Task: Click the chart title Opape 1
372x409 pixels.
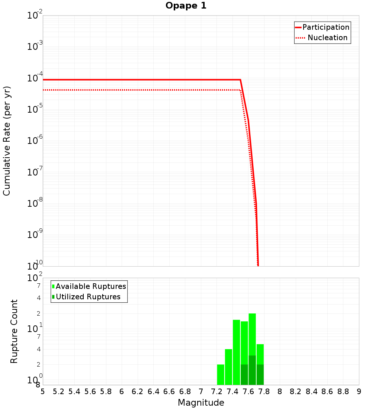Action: point(186,6)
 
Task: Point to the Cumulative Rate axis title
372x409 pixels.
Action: point(7,141)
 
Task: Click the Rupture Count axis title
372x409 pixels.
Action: point(14,331)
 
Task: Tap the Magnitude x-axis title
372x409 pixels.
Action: point(201,403)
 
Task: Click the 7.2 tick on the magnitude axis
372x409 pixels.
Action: point(217,392)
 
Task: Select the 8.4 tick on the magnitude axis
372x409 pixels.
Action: point(312,392)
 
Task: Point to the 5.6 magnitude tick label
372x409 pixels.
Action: point(90,392)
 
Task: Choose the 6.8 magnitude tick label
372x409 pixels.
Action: point(185,392)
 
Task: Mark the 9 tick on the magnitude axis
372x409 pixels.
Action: point(359,392)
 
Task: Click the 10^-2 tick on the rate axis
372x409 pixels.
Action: point(35,16)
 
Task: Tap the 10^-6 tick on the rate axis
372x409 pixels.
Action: point(35,141)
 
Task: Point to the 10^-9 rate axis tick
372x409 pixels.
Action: point(35,235)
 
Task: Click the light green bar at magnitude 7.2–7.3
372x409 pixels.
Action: point(221,374)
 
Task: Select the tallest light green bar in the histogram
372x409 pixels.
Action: point(252,335)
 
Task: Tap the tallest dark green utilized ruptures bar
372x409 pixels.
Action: point(252,370)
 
